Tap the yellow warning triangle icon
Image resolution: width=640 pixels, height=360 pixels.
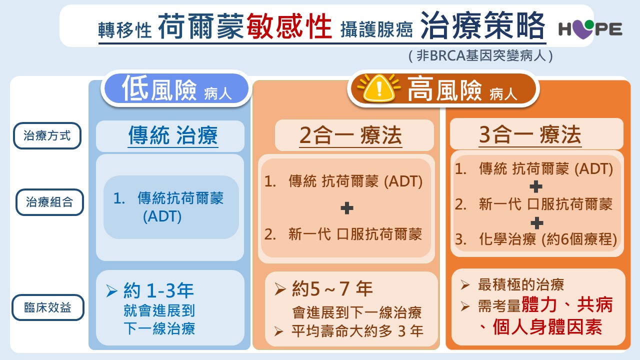(379, 88)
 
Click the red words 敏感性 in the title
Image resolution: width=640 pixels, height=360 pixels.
(289, 26)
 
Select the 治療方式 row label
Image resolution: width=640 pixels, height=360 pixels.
(47, 135)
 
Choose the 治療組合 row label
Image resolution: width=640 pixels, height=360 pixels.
(49, 202)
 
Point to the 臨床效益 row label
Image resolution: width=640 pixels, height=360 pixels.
(47, 307)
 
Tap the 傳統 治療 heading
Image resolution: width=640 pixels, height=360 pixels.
(173, 135)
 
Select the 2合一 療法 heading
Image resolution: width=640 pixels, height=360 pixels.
(350, 135)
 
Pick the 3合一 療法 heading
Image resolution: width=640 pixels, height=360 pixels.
(530, 134)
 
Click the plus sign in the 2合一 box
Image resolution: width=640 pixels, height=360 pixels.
(347, 208)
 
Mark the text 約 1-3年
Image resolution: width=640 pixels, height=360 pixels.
(158, 290)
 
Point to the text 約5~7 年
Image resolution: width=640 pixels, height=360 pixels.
(332, 288)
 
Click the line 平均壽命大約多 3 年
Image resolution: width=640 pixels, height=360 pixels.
(357, 331)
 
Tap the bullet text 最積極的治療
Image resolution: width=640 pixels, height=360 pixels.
(521, 284)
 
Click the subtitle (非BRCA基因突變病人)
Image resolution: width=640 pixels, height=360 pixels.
(480, 55)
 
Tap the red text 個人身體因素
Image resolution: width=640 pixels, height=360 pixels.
(547, 327)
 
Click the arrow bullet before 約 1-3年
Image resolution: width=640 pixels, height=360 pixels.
(111, 291)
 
